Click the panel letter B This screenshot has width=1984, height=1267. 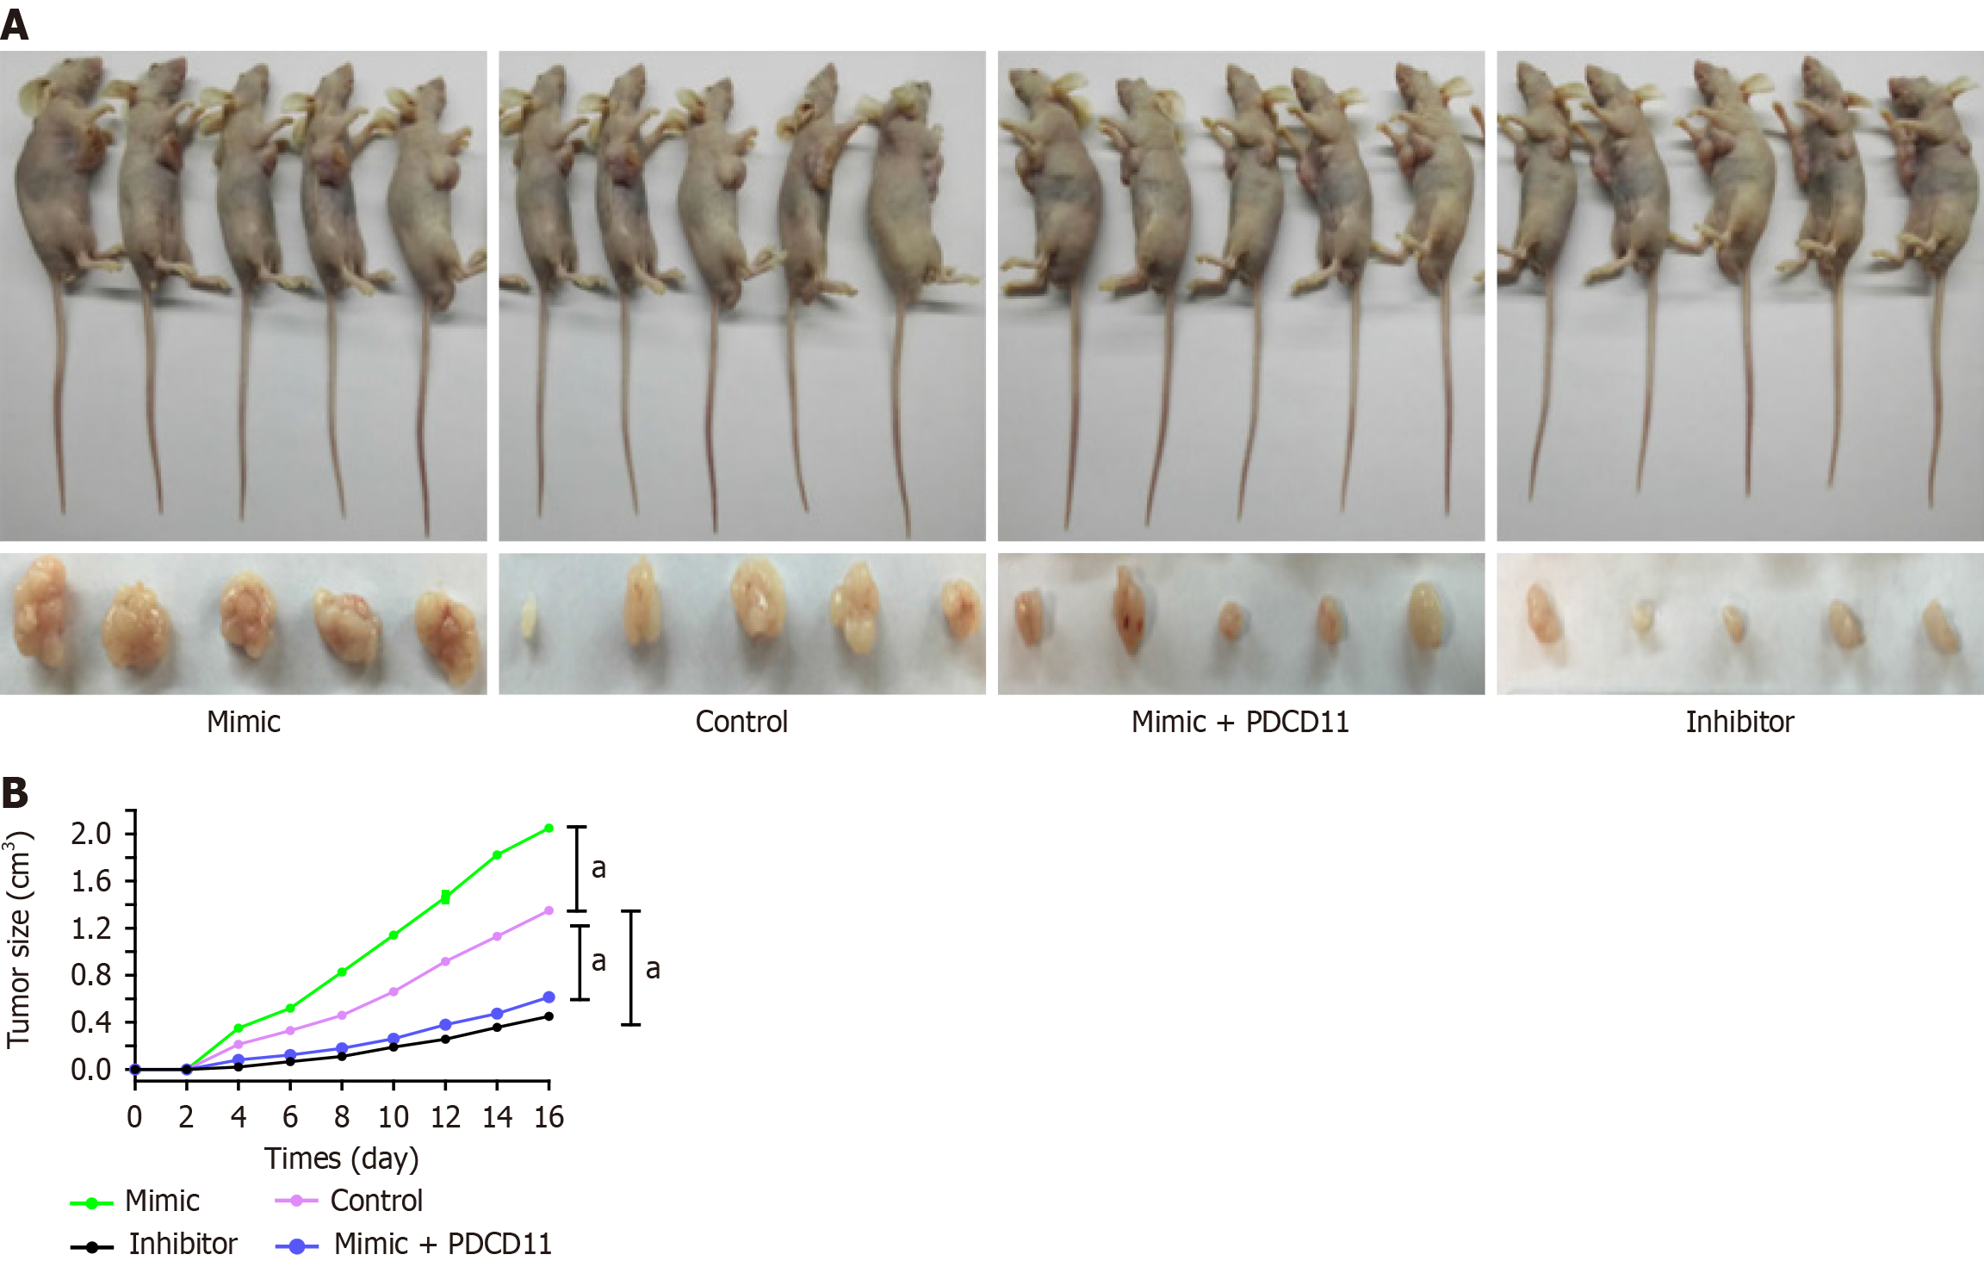(x=15, y=792)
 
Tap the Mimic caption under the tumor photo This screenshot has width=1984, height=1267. (x=244, y=722)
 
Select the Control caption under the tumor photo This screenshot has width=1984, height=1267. (x=741, y=722)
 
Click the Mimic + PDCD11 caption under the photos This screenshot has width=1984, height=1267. (x=1240, y=722)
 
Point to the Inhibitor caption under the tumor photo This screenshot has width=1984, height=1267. (x=1739, y=722)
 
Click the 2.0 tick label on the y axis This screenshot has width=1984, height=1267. (x=91, y=834)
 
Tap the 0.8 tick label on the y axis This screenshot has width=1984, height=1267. (x=91, y=975)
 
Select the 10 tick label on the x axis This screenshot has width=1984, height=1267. (x=394, y=1117)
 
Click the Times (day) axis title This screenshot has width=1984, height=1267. (x=342, y=1158)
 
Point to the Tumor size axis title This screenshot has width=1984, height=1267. (x=19, y=939)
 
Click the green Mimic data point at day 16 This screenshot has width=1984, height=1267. (x=549, y=829)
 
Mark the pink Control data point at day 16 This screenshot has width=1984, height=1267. (x=549, y=910)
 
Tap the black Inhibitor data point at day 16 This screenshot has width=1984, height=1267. (x=549, y=1016)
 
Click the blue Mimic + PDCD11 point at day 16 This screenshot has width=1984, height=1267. (x=549, y=997)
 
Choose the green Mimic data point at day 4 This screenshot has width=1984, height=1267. (x=239, y=1028)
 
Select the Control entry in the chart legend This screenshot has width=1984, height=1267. (x=376, y=1201)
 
